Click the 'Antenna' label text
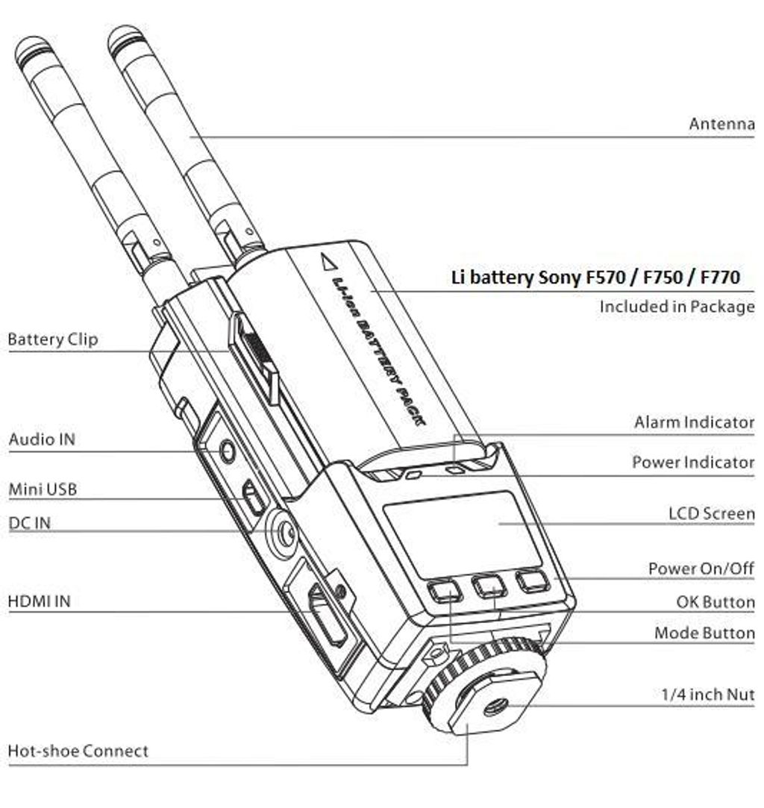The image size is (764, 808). [x=721, y=124]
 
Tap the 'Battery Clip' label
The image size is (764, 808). [x=52, y=339]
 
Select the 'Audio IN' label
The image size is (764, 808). [x=42, y=439]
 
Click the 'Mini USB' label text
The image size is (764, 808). [x=43, y=489]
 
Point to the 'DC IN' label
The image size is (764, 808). [x=29, y=523]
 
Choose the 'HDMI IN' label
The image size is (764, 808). [x=39, y=601]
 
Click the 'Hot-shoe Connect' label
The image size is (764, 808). [x=78, y=751]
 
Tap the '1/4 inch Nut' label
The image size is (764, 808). [x=708, y=694]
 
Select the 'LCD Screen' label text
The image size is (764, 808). [x=712, y=513]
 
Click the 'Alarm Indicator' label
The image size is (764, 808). [x=694, y=422]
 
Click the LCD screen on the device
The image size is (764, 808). [x=462, y=533]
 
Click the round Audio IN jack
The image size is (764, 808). [x=227, y=451]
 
